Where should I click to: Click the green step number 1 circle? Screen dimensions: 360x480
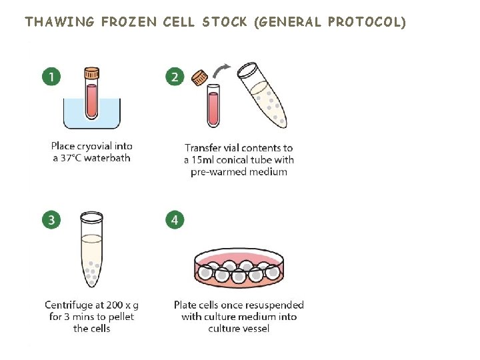51,77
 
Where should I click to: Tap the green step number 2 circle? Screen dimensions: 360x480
175,77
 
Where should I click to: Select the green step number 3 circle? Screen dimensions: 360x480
51,219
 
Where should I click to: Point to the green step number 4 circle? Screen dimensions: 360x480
175,219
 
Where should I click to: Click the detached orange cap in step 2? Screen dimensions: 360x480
199,78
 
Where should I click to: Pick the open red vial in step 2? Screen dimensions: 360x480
213,105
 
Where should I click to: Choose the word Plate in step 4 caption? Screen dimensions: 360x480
186,305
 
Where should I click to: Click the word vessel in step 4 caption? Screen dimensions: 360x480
255,329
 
